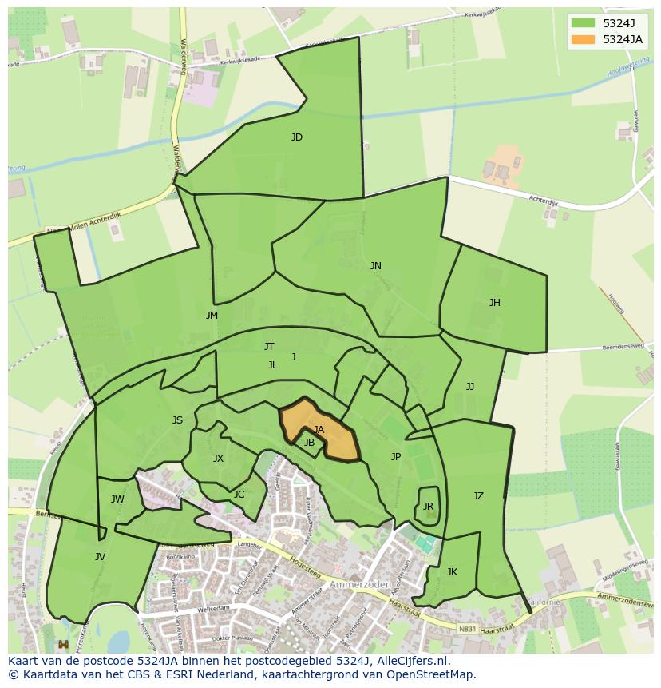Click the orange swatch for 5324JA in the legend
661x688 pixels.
pos(583,39)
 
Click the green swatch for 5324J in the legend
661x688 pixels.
pos(583,23)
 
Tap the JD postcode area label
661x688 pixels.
pos(297,137)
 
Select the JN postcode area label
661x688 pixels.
pos(375,266)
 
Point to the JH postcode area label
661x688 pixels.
pos(495,303)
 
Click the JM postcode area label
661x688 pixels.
pos(212,316)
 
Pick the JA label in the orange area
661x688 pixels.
pos(319,430)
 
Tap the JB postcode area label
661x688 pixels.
pos(309,443)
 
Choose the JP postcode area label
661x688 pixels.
pos(396,457)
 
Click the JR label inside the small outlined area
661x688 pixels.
pos(428,507)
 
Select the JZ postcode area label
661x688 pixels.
pos(478,496)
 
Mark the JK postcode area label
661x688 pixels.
pos(452,572)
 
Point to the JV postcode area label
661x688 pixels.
pos(100,557)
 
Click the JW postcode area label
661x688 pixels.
pos(117,500)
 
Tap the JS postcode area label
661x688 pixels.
pos(177,420)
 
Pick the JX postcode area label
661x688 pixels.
pos(218,459)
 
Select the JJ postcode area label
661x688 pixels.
pos(470,387)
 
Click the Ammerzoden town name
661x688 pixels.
pos(366,584)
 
